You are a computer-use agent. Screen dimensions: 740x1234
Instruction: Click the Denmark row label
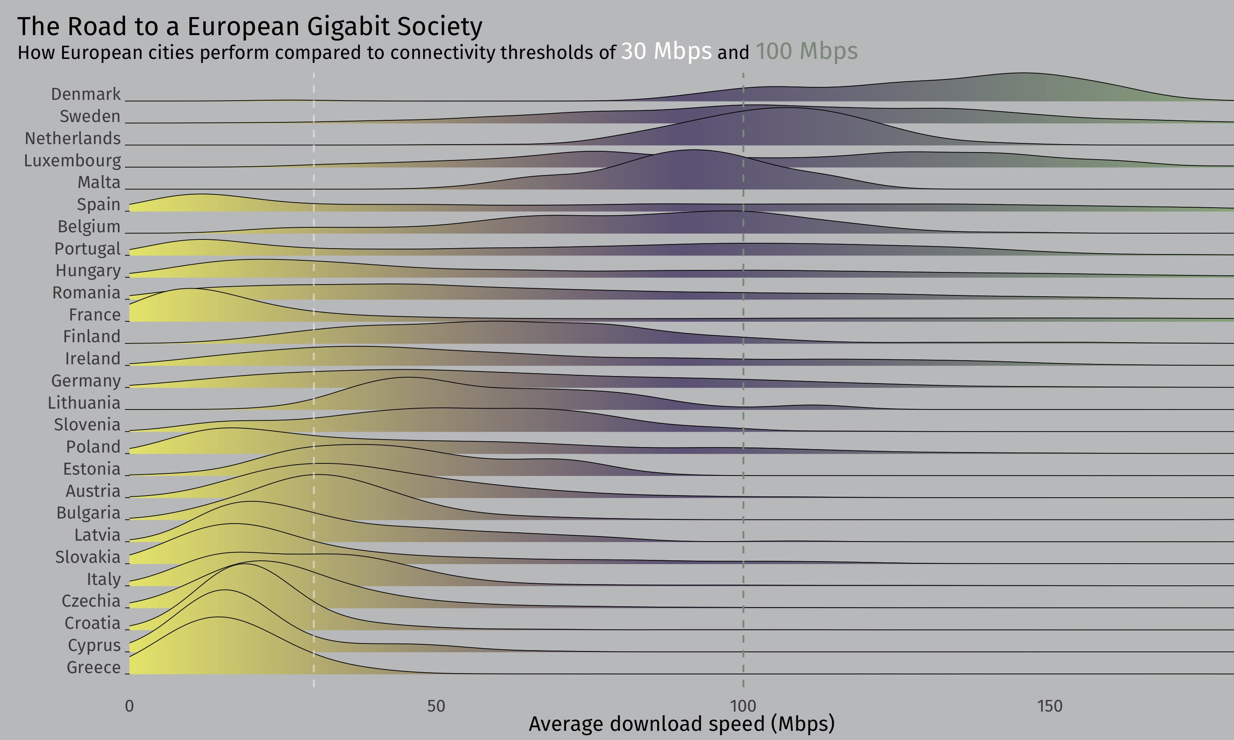pos(86,94)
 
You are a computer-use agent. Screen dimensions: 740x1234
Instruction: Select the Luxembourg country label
pos(72,160)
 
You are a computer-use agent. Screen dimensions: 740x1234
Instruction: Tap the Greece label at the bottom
pos(94,667)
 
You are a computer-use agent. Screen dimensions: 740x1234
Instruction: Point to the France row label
pos(95,315)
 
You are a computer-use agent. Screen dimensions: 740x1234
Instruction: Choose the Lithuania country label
pos(84,403)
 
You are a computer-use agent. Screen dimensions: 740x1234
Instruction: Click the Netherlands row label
pos(73,139)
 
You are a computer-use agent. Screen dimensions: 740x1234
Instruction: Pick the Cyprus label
pos(94,645)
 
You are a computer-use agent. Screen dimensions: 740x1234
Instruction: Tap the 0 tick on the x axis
pos(129,706)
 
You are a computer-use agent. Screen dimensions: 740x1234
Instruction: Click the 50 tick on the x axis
pos(436,706)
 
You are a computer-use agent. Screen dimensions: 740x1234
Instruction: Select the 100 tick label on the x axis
pos(743,706)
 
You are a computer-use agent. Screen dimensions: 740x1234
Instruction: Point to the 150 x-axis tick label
pos(1050,706)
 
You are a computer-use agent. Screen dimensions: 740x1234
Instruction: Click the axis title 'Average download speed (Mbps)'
pos(681,724)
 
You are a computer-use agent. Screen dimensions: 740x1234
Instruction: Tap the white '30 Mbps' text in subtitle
pos(666,51)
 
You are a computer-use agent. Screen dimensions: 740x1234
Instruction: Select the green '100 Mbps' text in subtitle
pos(806,51)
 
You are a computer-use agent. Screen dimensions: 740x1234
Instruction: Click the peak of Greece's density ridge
pos(218,617)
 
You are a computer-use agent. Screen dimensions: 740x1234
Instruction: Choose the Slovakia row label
pos(88,557)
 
